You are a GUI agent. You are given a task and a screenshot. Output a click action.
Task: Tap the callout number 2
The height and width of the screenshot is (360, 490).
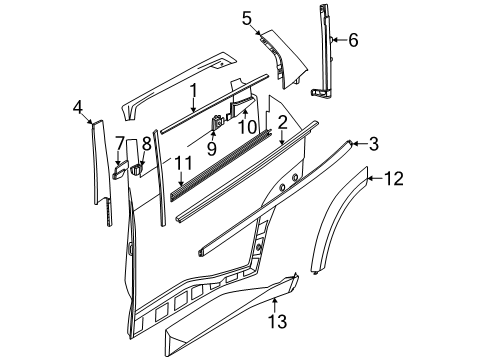tap(283, 123)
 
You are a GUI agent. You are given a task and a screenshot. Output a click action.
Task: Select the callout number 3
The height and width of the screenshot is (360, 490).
tap(372, 144)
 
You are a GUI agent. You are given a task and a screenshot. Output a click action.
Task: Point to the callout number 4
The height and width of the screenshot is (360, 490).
tap(79, 107)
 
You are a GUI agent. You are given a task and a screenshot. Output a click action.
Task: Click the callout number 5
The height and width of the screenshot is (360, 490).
tap(247, 17)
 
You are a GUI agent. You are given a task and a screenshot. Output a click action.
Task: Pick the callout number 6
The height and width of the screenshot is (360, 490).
tap(352, 40)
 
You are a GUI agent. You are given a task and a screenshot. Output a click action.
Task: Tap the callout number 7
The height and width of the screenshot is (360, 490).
tap(120, 143)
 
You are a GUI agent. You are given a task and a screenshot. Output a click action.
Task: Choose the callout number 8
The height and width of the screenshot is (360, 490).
tap(145, 143)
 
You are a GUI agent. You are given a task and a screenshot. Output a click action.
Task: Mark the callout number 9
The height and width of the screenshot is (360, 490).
tap(211, 149)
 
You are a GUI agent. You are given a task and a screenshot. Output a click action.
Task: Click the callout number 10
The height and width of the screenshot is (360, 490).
tap(247, 127)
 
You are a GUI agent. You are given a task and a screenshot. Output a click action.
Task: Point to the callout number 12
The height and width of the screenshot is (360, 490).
tap(394, 179)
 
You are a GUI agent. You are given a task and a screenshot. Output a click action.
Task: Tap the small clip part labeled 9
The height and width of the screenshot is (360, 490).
tap(216, 124)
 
